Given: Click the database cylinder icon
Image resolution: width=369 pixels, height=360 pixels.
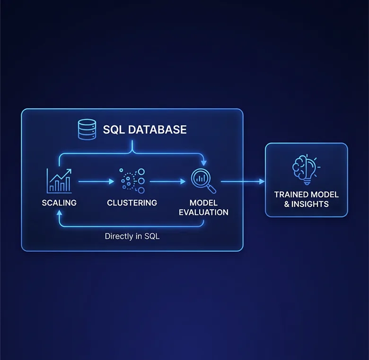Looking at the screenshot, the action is tap(87, 129).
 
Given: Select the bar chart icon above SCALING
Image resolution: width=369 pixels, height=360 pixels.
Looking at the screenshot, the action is tap(59, 181).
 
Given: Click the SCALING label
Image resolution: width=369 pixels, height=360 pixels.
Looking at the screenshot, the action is tap(59, 203).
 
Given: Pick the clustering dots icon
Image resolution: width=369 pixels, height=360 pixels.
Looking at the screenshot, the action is tap(132, 180).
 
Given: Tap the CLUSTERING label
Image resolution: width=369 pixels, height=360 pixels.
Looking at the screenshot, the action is tap(132, 203).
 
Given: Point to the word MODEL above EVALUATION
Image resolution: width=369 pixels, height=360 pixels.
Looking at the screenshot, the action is tap(203, 203).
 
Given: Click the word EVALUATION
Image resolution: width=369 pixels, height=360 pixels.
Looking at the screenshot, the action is tap(203, 213).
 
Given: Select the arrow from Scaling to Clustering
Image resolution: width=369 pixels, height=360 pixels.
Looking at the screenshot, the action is tap(96, 181).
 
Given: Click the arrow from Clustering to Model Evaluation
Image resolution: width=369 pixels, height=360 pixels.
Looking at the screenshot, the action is tap(167, 181).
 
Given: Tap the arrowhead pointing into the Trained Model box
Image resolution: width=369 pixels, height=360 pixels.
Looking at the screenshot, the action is tap(262, 181).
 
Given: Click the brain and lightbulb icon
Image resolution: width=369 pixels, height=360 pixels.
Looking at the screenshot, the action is tap(306, 169).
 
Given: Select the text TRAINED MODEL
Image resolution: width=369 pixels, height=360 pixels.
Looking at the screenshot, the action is tap(307, 195).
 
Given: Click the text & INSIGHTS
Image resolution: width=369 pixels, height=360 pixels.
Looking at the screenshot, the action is tap(307, 204).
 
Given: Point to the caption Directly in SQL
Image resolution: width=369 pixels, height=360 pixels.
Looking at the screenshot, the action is tap(132, 236).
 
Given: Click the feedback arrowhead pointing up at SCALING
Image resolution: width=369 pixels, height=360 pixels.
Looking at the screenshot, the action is tap(59, 213).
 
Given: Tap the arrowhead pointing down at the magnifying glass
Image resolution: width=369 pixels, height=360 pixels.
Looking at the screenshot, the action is tap(204, 163).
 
